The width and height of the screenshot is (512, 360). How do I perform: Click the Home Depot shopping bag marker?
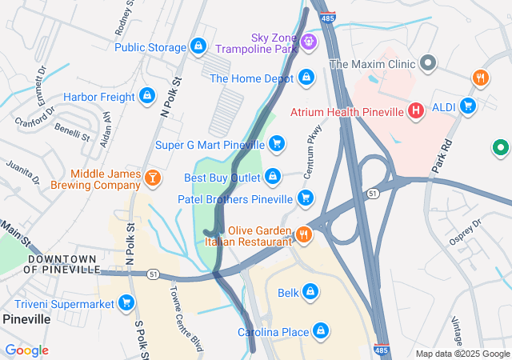pos(306,78)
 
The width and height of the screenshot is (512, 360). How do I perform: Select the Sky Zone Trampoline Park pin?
pos(309,40)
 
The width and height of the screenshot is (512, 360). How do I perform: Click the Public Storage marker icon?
pos(198,47)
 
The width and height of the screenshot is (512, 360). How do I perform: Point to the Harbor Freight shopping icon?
pos(146,97)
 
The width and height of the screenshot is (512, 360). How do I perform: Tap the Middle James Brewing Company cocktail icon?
pos(152,179)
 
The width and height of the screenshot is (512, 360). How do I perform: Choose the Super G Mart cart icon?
pos(276,144)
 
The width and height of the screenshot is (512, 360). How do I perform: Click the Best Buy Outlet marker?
pos(273,176)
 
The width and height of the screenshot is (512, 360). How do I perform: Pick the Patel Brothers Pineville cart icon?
pos(304,198)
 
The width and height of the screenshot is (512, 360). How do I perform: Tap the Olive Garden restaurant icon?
pos(304,235)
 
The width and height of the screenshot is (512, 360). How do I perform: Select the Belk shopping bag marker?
pos(310,292)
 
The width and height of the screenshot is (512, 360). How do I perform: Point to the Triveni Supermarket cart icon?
pos(126,302)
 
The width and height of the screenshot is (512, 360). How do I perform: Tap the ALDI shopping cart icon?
pos(467,106)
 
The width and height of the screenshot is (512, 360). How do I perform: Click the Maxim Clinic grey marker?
pos(428,62)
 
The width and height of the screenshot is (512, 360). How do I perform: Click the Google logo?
pos(27,350)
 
